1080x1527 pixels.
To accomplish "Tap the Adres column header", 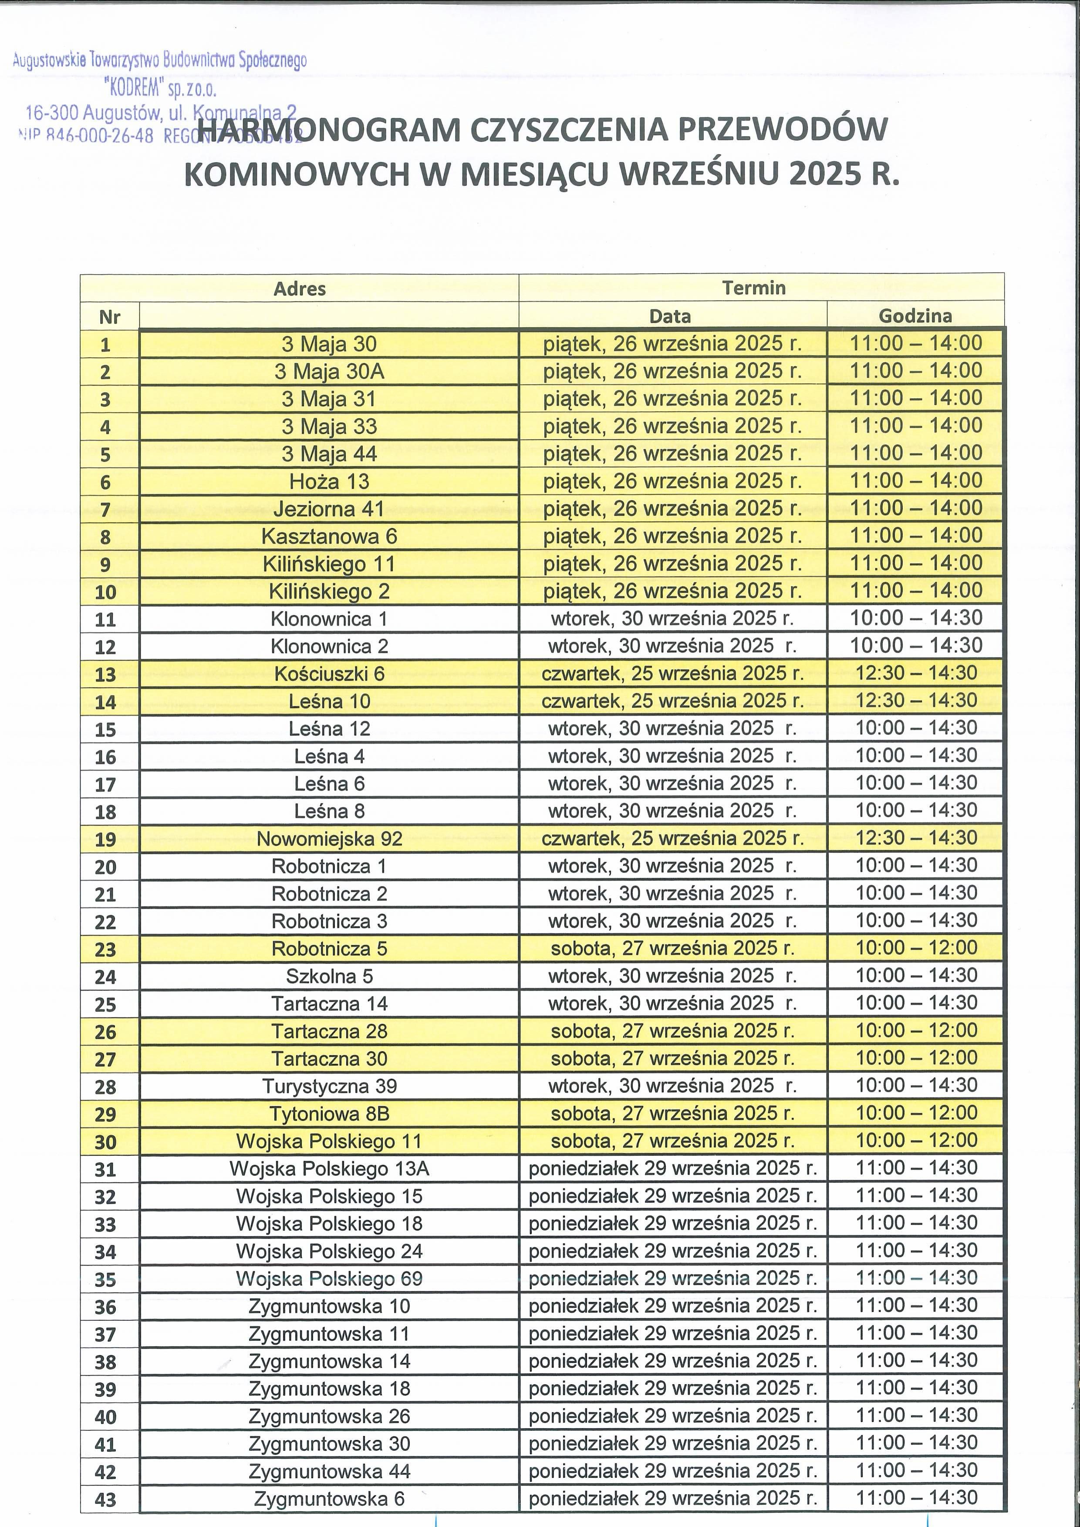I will [300, 289].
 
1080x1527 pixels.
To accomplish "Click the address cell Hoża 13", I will [329, 481].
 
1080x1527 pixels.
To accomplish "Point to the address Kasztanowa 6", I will [329, 536].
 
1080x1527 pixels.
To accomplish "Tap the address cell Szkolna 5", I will [329, 977].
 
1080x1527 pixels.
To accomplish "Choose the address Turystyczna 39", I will [329, 1086].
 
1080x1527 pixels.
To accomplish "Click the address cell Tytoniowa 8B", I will [329, 1114].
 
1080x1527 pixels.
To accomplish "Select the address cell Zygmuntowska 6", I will [329, 1499].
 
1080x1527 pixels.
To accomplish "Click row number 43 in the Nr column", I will [106, 1500].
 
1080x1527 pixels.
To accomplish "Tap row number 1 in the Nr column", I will [106, 345].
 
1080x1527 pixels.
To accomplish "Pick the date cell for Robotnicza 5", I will [672, 948].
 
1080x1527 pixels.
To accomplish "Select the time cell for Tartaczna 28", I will [916, 1031].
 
